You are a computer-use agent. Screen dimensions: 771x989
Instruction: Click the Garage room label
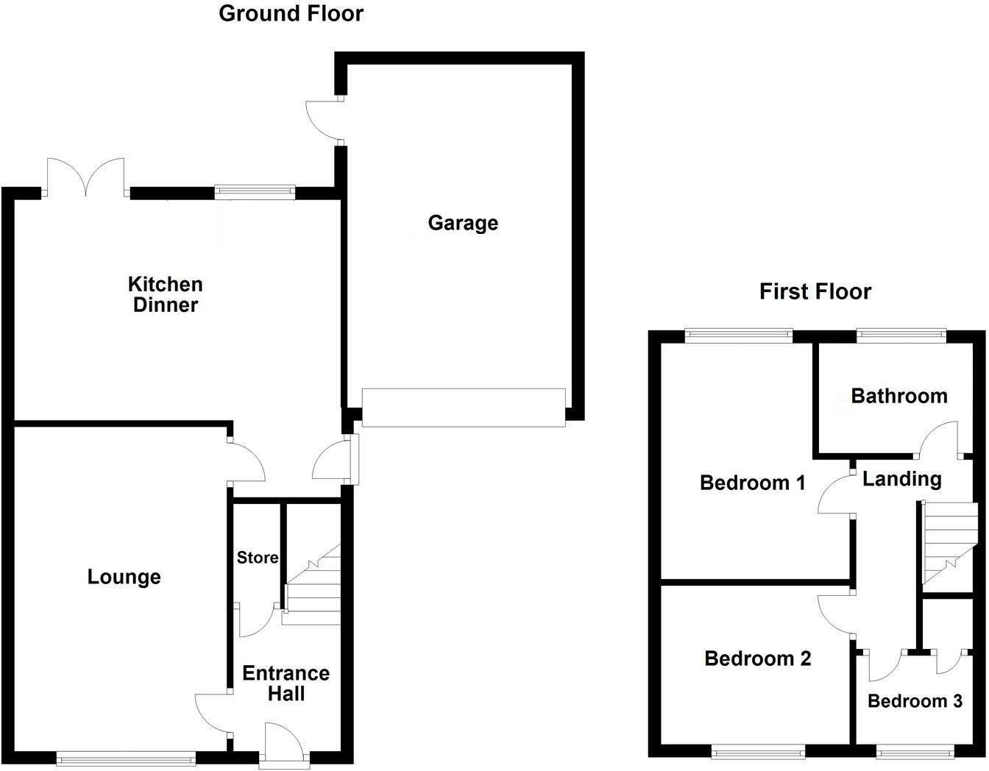pyautogui.click(x=463, y=223)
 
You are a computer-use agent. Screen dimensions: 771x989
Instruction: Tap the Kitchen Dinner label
pyautogui.click(x=165, y=294)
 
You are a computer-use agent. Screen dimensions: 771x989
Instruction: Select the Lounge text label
pyautogui.click(x=124, y=577)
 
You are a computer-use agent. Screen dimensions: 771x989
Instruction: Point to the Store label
pyautogui.click(x=258, y=558)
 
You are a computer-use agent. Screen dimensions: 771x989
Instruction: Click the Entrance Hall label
pyautogui.click(x=286, y=683)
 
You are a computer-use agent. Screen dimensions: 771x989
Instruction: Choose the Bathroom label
pyautogui.click(x=898, y=396)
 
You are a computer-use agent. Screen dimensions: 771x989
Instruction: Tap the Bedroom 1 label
pyautogui.click(x=752, y=483)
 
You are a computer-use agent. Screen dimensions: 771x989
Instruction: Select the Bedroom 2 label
pyautogui.click(x=757, y=658)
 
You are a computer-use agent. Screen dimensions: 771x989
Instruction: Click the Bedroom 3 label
pyautogui.click(x=915, y=701)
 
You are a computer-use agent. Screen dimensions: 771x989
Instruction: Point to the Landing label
pyautogui.click(x=901, y=480)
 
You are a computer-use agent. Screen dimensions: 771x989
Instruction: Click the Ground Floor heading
pyautogui.click(x=291, y=13)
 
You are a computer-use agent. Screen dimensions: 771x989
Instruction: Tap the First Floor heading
pyautogui.click(x=815, y=291)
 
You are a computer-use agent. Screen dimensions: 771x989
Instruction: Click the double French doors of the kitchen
pyautogui.click(x=86, y=179)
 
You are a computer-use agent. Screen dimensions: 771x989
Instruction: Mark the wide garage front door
pyautogui.click(x=464, y=408)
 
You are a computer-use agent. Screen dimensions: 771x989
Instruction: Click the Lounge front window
pyautogui.click(x=126, y=758)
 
